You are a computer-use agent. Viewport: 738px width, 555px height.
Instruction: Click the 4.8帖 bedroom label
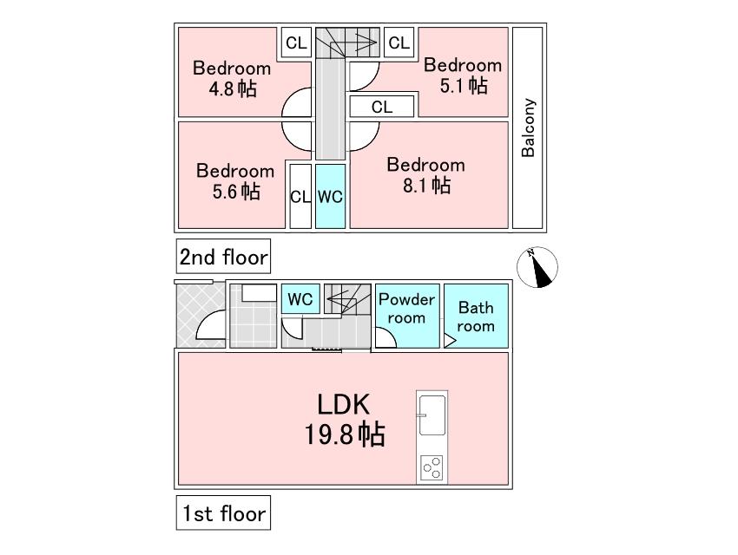(x=232, y=78)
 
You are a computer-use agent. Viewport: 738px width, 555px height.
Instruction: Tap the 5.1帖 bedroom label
(x=463, y=75)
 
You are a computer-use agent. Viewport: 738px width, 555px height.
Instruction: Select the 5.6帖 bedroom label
(x=235, y=181)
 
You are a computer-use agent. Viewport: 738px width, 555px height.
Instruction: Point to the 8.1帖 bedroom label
(x=426, y=175)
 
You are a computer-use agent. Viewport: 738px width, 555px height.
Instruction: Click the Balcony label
(x=528, y=127)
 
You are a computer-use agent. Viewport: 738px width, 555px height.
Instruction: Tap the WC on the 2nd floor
(x=330, y=197)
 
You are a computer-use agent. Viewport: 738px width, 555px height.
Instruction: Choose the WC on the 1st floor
(x=300, y=299)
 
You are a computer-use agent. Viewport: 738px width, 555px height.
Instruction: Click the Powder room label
(x=406, y=308)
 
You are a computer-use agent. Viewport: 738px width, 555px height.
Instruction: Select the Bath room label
(x=476, y=317)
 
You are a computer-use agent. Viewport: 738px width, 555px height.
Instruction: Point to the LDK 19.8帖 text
(x=345, y=419)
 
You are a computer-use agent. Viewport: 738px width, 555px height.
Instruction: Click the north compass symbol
(x=537, y=267)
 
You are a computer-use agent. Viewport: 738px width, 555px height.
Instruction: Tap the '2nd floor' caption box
(x=223, y=256)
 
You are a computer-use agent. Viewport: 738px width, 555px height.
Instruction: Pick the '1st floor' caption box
(x=223, y=513)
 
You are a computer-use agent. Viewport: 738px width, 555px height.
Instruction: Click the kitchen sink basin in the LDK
(x=432, y=415)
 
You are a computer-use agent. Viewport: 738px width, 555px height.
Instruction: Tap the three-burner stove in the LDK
(x=432, y=467)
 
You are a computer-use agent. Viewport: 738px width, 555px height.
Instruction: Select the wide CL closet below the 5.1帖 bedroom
(x=382, y=107)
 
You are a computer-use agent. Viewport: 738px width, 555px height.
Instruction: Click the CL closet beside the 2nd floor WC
(x=300, y=197)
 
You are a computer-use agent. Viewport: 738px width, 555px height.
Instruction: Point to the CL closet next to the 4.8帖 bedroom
(x=296, y=42)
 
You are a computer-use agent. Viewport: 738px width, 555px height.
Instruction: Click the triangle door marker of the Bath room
(x=450, y=340)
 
